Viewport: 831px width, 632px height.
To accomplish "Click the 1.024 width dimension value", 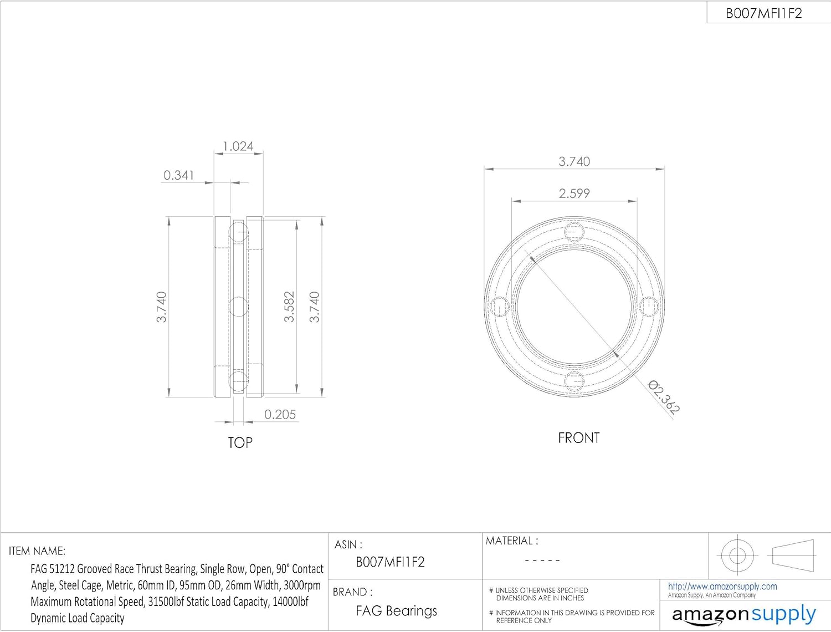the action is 238,146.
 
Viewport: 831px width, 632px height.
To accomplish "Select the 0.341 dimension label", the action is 179,175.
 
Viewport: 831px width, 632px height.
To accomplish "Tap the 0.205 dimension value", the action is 280,415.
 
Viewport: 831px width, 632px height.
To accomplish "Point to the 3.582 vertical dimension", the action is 289,307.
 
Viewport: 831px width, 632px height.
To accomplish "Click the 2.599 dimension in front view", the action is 574,193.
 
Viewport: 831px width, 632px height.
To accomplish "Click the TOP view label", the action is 240,442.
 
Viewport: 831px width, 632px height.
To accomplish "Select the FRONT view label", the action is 579,438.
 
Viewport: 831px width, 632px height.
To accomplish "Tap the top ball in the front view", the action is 574,232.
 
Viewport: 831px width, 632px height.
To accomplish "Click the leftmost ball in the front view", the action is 500,307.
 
